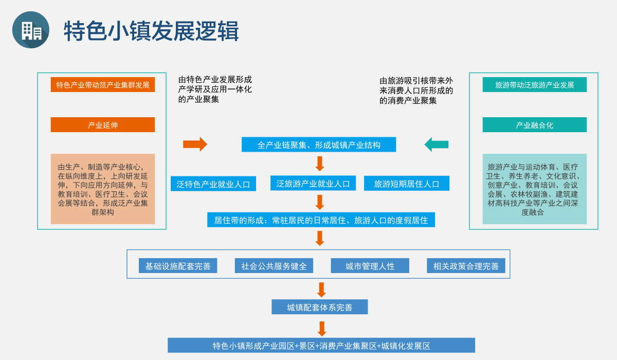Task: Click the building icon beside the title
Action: coord(31,30)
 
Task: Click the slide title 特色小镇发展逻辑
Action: coord(151,31)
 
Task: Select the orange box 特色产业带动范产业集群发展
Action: coord(103,85)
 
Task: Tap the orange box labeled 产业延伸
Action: coord(103,125)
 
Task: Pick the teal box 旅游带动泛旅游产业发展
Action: coord(534,85)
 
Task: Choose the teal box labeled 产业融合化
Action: coord(534,125)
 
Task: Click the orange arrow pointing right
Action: coord(195,145)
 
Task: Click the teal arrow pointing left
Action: coord(437,145)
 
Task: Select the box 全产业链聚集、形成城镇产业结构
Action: coord(319,145)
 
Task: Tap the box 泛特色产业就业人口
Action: coord(213,184)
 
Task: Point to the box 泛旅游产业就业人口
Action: coord(313,184)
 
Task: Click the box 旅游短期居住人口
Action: coord(407,184)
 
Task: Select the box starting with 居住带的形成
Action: coord(321,220)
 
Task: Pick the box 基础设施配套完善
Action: coord(178,266)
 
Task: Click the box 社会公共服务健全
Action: coord(274,266)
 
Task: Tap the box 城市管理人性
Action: coord(370,266)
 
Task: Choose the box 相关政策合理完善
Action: coord(466,266)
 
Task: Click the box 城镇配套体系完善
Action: coord(320,307)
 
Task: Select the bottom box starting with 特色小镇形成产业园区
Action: coord(321,346)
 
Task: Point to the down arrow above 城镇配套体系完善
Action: coord(321,290)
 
